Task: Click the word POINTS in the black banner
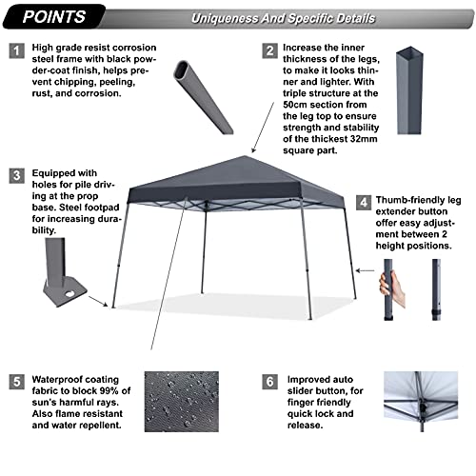54,16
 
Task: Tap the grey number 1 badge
16,50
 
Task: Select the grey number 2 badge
269,50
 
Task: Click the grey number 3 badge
16,176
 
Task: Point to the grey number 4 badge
364,203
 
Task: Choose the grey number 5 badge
16,382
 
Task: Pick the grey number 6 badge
269,382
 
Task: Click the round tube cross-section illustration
203,97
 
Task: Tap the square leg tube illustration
409,90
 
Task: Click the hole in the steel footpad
69,293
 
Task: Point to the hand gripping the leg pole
391,288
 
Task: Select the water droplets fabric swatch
182,402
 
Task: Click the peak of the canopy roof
245,156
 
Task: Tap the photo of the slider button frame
421,402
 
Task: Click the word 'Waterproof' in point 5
54,380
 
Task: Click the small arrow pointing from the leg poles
365,270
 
